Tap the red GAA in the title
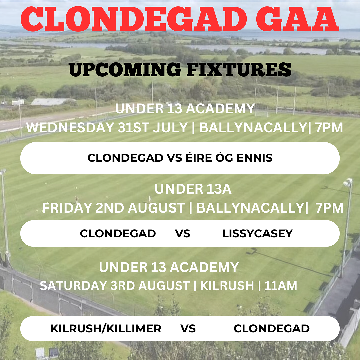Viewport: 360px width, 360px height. (298, 19)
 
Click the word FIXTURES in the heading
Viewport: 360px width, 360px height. (239, 70)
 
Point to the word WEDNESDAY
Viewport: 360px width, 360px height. (70, 128)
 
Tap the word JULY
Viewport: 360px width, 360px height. (170, 128)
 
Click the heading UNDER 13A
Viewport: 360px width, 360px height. (193, 189)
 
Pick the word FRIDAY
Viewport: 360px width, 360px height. (67, 208)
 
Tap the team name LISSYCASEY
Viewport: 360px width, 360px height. (257, 234)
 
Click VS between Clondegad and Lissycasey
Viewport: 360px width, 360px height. (183, 234)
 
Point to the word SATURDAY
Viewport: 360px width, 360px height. (73, 286)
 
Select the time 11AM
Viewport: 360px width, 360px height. (281, 286)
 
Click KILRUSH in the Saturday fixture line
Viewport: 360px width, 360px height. (227, 286)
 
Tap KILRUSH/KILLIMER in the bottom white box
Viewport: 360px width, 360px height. (106, 329)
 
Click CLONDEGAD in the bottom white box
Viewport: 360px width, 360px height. (272, 329)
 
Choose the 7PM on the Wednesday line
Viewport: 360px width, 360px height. (329, 128)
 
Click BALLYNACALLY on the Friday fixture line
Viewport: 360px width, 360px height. (250, 208)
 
